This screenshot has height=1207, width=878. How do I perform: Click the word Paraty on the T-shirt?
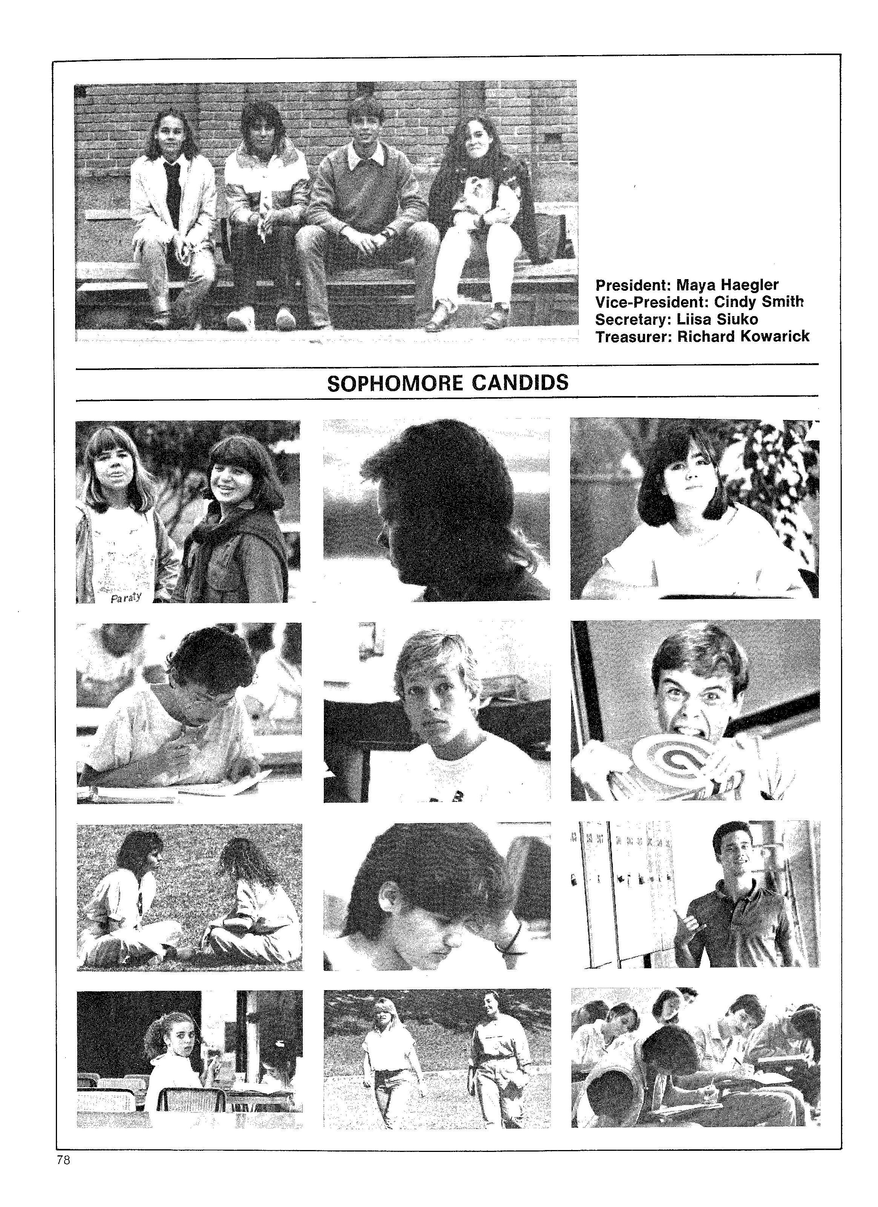click(x=126, y=597)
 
